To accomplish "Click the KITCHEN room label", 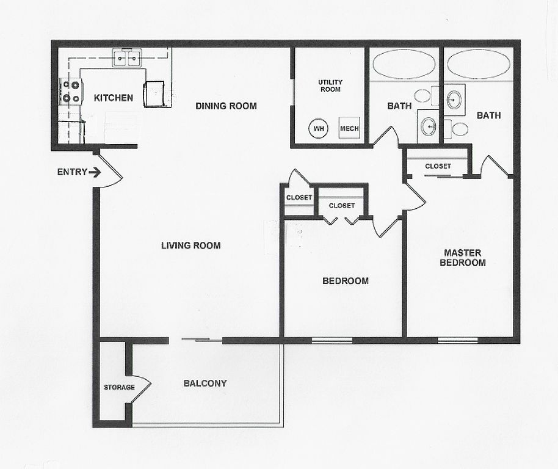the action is point(113,98).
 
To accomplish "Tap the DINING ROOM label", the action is point(226,106).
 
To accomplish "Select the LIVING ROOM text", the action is point(190,245).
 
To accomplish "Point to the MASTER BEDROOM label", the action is point(463,258).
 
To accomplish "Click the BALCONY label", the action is point(205,384).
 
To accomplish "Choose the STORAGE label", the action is point(119,387).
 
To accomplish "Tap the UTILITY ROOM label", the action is point(330,85).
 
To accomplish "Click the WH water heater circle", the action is point(319,128).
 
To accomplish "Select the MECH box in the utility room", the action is point(349,128).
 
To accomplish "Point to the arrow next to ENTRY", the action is point(95,173).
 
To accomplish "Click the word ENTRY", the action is point(72,172).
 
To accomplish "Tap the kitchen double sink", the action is point(127,57).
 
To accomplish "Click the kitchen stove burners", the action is point(71,92).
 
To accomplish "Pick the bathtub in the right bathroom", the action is point(478,64).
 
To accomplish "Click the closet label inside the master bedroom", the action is point(438,166).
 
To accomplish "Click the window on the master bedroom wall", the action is point(457,340).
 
